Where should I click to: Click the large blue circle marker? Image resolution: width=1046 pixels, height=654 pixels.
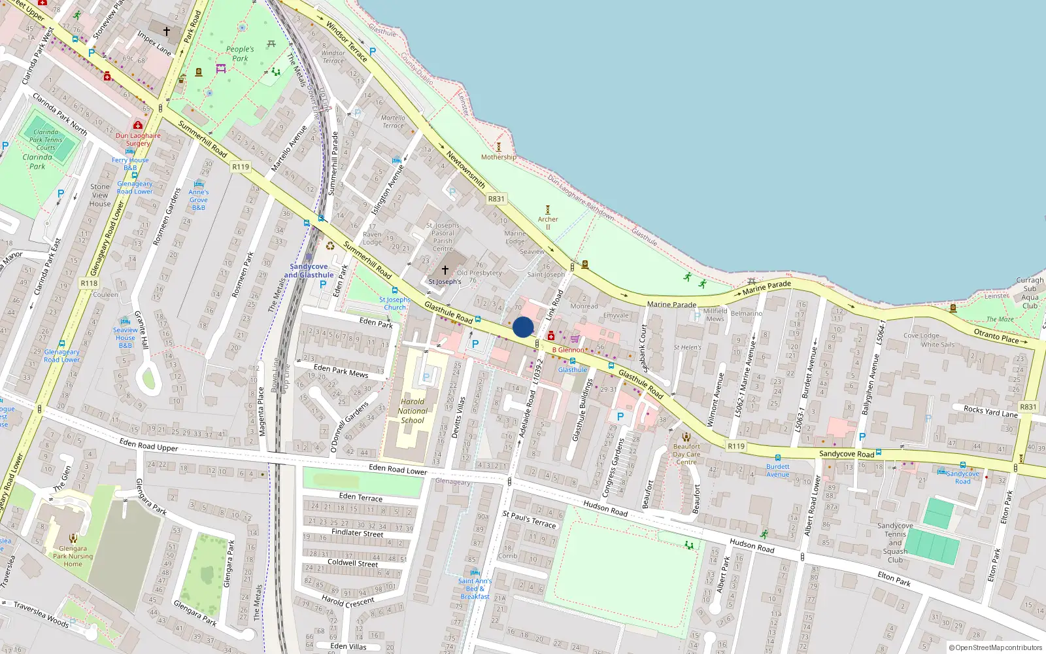523,327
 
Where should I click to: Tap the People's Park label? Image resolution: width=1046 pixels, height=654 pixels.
240,54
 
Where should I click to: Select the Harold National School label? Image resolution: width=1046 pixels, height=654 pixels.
413,411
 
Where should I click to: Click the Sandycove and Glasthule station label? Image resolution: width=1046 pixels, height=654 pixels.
309,271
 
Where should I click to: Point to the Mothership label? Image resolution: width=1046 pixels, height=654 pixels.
499,157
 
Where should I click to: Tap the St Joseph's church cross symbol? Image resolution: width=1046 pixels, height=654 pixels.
445,270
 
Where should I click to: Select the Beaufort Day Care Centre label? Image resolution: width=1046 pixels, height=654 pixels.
686,454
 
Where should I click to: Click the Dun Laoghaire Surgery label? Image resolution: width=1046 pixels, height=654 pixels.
138,139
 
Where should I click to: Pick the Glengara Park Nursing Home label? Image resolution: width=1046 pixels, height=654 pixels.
73,557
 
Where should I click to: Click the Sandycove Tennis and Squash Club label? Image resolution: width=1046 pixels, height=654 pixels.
895,543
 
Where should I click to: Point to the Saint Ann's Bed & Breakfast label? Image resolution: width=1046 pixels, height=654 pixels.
475,589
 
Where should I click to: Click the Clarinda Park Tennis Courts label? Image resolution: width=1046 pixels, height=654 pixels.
46,140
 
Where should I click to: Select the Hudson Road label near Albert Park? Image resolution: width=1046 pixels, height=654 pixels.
752,545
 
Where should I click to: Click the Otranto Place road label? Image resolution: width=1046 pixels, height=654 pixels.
996,336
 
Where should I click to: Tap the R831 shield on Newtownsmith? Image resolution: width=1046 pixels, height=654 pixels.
496,199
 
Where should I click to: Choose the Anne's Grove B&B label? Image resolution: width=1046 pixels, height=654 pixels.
199,199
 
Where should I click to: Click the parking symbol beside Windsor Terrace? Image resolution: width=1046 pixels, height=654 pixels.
373,51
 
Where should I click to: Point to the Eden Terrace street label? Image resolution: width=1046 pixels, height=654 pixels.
361,497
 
